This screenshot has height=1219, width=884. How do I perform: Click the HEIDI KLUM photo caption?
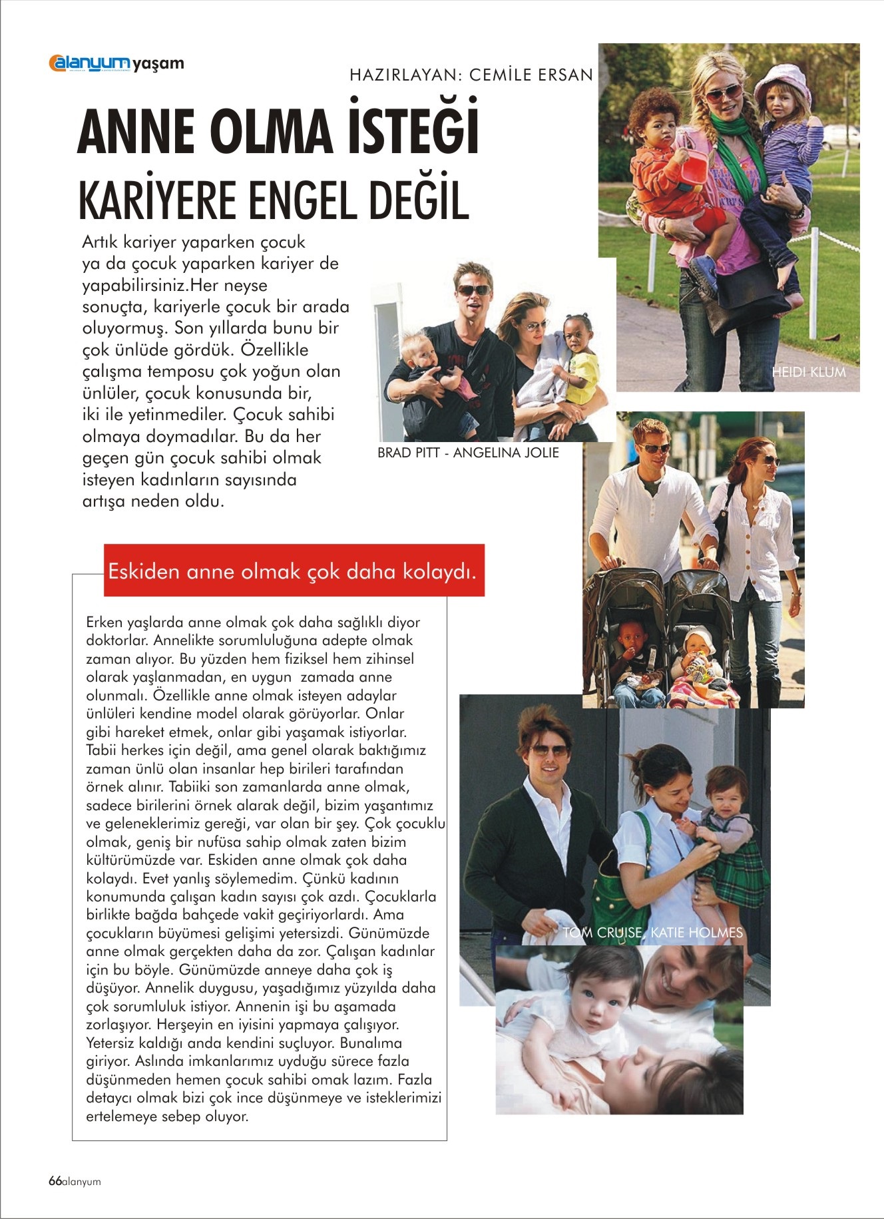[x=808, y=371]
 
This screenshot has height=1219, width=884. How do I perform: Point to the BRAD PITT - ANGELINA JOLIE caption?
[x=468, y=453]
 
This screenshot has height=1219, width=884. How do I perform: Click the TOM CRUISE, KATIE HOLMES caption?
[x=652, y=933]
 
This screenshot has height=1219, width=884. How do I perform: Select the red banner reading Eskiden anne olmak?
[x=294, y=571]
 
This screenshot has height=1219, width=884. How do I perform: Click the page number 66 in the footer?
[x=55, y=1181]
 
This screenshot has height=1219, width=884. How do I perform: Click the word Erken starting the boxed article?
[x=103, y=622]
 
